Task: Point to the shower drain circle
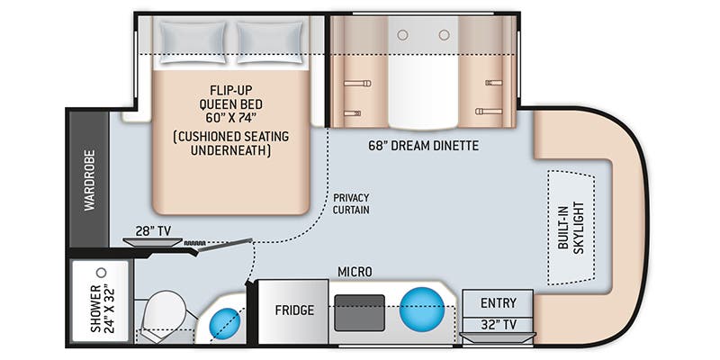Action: [x=102, y=271]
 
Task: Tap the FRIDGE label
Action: [x=293, y=310]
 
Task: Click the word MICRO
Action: [x=355, y=271]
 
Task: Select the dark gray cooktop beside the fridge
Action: [x=359, y=311]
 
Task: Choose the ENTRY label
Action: [x=499, y=302]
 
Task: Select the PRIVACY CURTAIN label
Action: [x=352, y=203]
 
